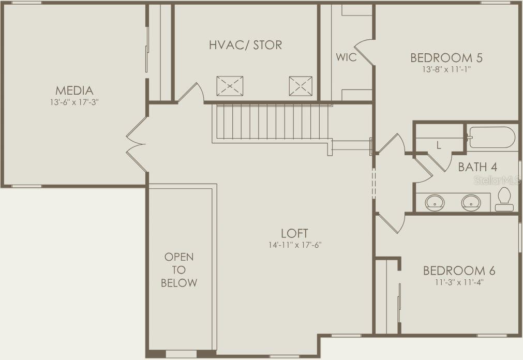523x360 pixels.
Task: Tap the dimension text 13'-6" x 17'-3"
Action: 74,102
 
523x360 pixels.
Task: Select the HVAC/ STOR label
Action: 246,45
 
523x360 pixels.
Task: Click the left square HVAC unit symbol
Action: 230,86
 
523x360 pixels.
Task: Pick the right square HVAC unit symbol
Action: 301,86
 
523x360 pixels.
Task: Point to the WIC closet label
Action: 346,57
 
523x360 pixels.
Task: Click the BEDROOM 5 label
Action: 446,57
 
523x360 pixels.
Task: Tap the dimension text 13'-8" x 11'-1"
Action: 446,69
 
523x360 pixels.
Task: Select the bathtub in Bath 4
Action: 491,138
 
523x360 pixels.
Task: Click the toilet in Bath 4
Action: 504,200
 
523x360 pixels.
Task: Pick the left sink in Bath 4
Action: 435,202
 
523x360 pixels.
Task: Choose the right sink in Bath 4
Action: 471,202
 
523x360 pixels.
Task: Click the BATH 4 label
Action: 477,167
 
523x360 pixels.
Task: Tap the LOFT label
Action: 294,233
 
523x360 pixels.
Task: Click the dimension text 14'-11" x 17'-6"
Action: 294,245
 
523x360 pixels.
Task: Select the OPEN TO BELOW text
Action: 179,269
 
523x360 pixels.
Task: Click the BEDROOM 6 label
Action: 459,271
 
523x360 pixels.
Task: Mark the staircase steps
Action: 272,122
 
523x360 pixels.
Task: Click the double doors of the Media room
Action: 137,144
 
